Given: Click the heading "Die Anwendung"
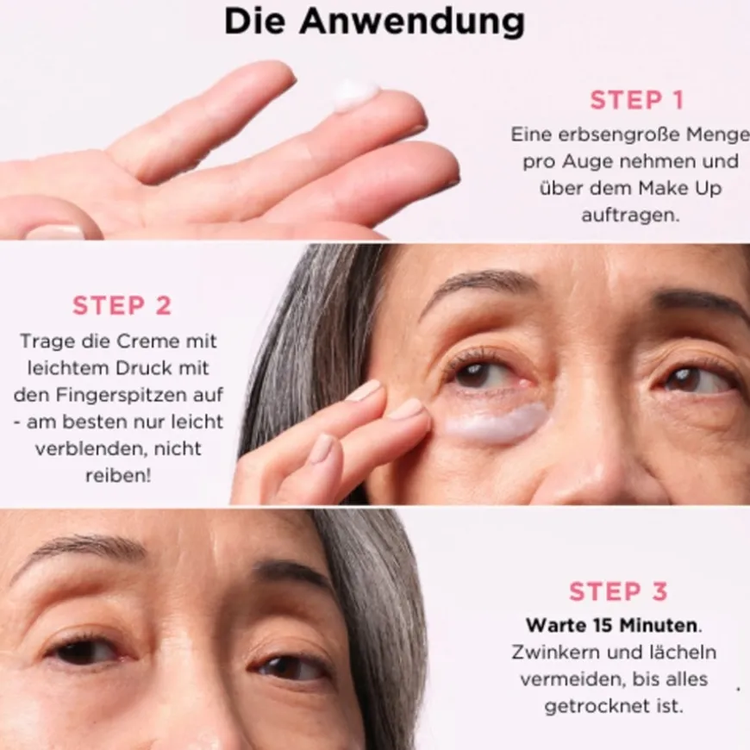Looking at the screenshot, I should [374, 22].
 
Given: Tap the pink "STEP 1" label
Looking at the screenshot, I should [636, 100].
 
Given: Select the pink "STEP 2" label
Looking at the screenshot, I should [122, 305].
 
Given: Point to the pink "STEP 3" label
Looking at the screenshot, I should [618, 591].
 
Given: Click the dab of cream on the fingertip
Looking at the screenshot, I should [355, 95].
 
